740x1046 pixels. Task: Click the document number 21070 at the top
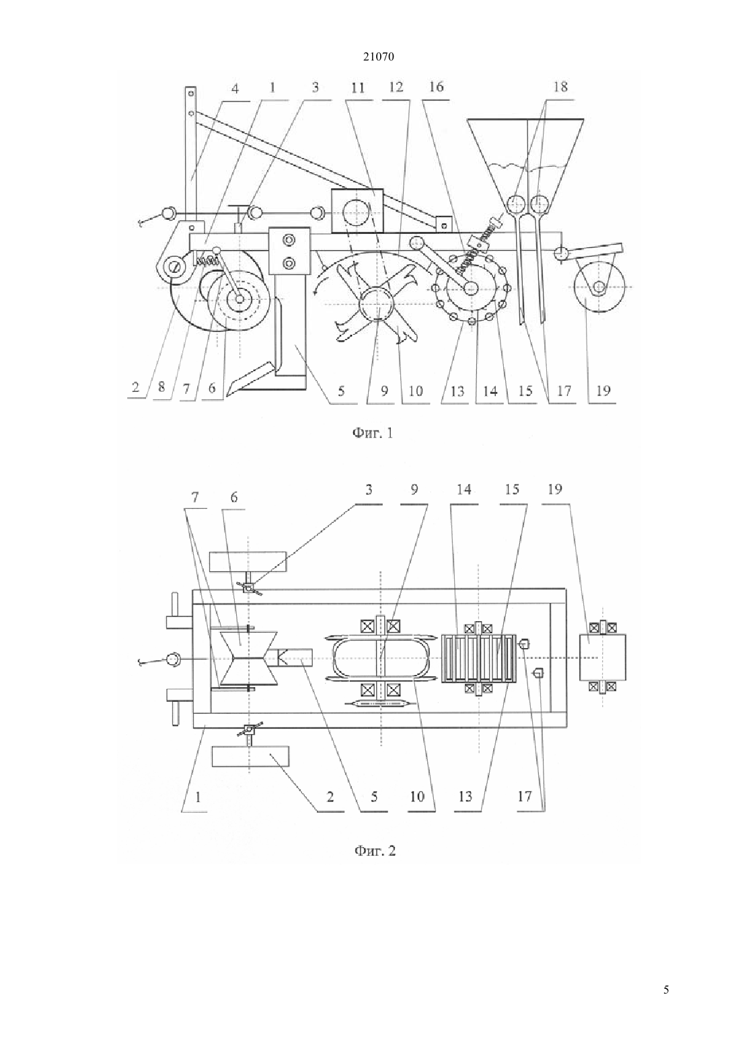(378, 56)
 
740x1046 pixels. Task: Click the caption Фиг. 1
(372, 434)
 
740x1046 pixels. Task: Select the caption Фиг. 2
(375, 850)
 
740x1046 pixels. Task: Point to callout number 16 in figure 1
(437, 87)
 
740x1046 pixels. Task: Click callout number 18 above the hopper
(560, 87)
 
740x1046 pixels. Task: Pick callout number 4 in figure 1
(235, 88)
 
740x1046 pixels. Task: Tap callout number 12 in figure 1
(396, 87)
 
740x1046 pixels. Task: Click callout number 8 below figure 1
(161, 387)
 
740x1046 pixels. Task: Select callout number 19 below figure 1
(603, 391)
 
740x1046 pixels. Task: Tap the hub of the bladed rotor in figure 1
(377, 304)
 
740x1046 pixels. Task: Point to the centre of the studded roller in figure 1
(470, 287)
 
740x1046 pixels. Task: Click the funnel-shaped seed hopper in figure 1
(525, 159)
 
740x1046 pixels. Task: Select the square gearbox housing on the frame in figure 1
(357, 210)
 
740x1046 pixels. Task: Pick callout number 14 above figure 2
(464, 489)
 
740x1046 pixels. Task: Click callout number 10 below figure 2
(416, 796)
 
